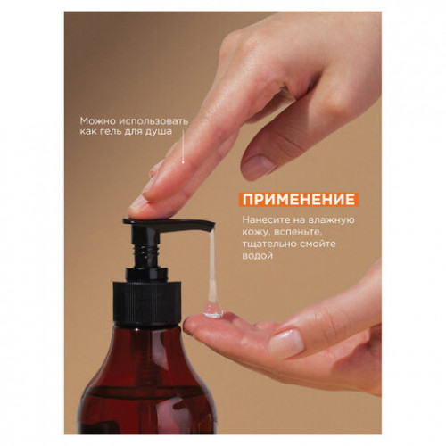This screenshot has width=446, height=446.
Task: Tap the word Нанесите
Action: coord(266,220)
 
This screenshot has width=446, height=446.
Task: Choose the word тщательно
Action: coord(268,244)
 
